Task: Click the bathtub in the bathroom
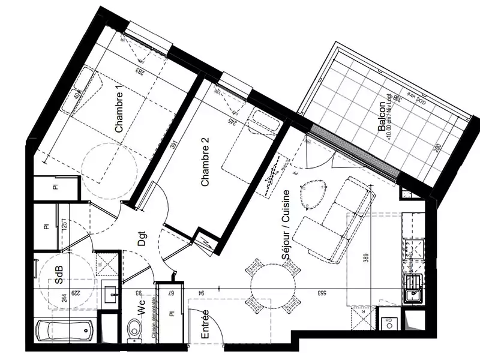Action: point(65,331)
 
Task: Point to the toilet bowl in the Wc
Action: point(136,329)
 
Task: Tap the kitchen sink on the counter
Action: point(413,293)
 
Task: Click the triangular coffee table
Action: point(314,194)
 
